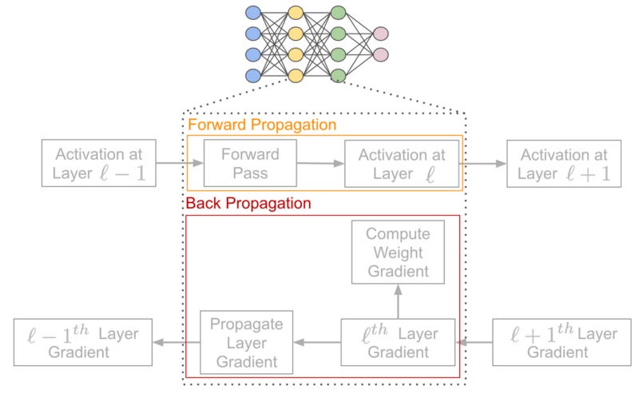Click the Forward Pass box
tap(250, 163)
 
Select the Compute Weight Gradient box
tap(397, 253)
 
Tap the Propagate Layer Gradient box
tap(245, 342)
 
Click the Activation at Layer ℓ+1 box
tap(563, 164)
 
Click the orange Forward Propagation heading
tap(261, 125)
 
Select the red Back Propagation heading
tap(248, 204)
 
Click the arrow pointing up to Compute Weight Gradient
tap(397, 301)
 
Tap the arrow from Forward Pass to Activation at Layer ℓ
tap(320, 163)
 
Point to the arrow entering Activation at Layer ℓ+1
tap(484, 163)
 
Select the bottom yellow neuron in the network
tap(296, 76)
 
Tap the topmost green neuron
tap(338, 14)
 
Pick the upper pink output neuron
tap(380, 34)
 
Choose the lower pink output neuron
tap(380, 55)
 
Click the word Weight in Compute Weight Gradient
tap(397, 253)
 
